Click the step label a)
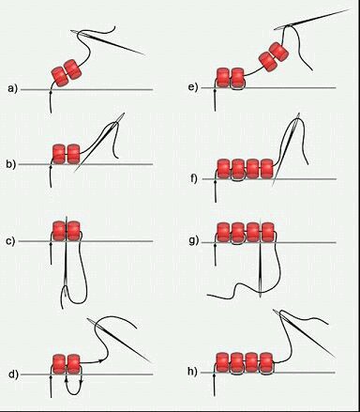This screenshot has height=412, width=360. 13,89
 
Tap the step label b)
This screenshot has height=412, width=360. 11,163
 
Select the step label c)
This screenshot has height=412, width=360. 10,241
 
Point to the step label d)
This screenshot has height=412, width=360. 13,374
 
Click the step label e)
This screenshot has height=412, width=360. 193,87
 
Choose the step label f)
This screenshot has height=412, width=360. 194,179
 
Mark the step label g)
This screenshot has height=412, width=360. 194,241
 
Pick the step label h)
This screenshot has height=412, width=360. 192,372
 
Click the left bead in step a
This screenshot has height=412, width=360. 60,77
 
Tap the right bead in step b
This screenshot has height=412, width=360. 74,154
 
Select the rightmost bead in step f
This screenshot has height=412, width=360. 266,169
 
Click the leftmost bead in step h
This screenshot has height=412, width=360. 222,362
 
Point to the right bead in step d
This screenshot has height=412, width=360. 74,364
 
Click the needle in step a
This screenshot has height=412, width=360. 108,42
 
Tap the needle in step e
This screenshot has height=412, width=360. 312,19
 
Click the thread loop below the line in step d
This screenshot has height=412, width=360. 74,387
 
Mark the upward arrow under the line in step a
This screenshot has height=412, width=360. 51,101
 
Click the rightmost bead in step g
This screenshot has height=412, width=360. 268,232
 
